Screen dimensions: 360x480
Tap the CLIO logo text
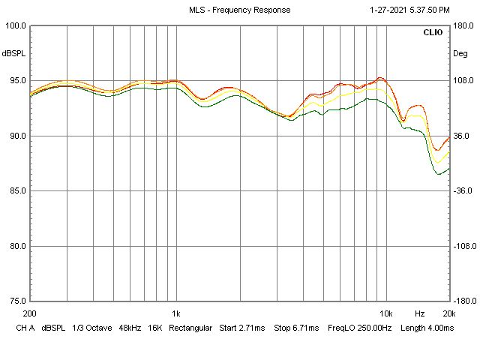(x=433, y=33)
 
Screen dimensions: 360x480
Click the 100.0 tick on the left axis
(x=15, y=25)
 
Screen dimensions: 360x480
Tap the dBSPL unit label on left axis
(x=13, y=54)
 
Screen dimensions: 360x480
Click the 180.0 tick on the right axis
(x=462, y=25)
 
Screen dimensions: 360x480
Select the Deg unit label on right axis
(x=460, y=54)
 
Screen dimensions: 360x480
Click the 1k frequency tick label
(x=175, y=313)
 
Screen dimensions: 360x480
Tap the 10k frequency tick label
(x=386, y=313)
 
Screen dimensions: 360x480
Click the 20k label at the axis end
(x=448, y=313)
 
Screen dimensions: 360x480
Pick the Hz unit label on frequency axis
(x=420, y=313)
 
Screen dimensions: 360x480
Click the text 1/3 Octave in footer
(x=88, y=328)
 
